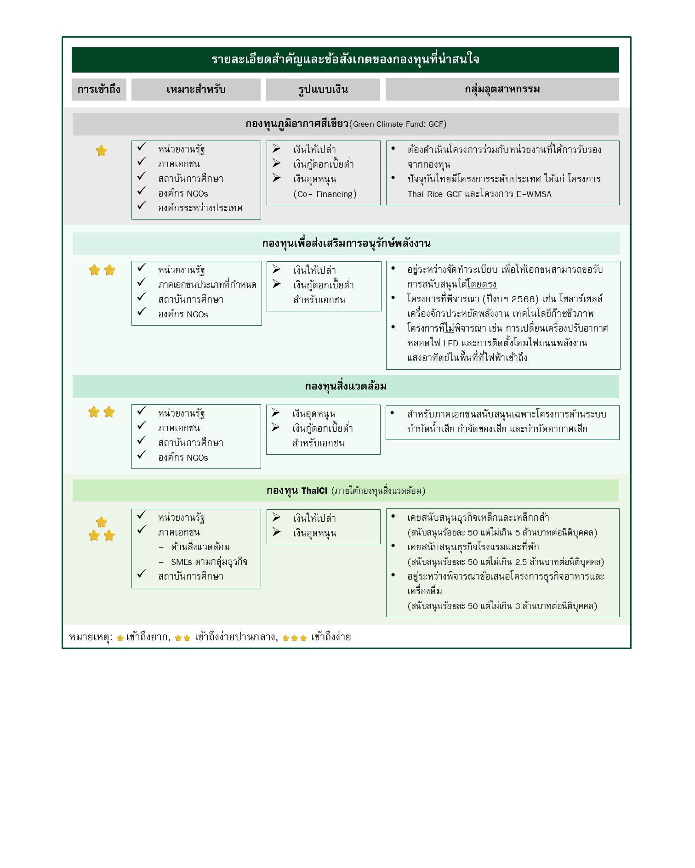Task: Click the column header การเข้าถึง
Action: pyautogui.click(x=99, y=89)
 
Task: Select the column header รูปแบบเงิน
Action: pyautogui.click(x=323, y=89)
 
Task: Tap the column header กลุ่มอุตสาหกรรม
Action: pyautogui.click(x=502, y=89)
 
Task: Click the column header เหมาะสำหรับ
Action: pyautogui.click(x=196, y=89)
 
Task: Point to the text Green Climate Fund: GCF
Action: pyautogui.click(x=398, y=124)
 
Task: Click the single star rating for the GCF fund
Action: pyautogui.click(x=102, y=151)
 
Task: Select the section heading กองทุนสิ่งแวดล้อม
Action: pyautogui.click(x=346, y=386)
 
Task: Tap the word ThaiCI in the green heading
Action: pyautogui.click(x=314, y=490)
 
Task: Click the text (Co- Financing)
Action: pyautogui.click(x=325, y=194)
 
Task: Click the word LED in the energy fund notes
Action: pyautogui.click(x=450, y=343)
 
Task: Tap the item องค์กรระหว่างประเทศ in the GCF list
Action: pyautogui.click(x=200, y=208)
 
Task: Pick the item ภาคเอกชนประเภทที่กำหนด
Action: pyautogui.click(x=207, y=285)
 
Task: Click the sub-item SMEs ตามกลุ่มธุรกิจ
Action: pyautogui.click(x=209, y=562)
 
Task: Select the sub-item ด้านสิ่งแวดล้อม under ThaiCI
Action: pyautogui.click(x=200, y=547)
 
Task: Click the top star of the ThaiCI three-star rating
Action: pyautogui.click(x=102, y=522)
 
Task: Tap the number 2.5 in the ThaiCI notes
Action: pyautogui.click(x=521, y=562)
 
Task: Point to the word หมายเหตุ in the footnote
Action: pyautogui.click(x=89, y=637)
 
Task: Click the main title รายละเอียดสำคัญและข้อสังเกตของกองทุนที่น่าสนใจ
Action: pyautogui.click(x=345, y=59)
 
